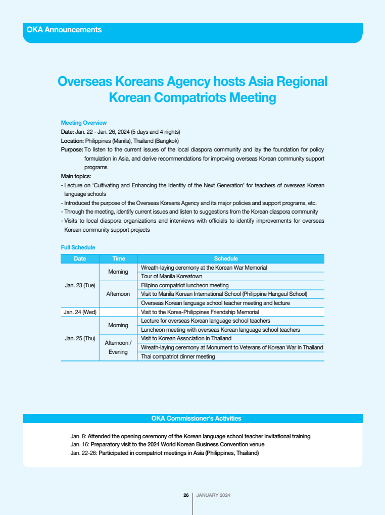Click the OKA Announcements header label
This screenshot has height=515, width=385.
pyautogui.click(x=64, y=30)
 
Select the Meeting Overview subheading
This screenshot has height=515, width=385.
pyautogui.click(x=84, y=123)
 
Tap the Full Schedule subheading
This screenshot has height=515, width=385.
pyautogui.click(x=78, y=247)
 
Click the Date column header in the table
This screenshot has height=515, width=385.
pyautogui.click(x=80, y=259)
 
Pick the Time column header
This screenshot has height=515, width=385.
pyautogui.click(x=119, y=259)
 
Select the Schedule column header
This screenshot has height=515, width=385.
pyautogui.click(x=226, y=259)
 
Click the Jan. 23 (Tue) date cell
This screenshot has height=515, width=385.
pyautogui.click(x=80, y=285)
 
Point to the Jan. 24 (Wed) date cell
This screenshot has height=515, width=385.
pyautogui.click(x=80, y=312)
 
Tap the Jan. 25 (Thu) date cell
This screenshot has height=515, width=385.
pyautogui.click(x=80, y=338)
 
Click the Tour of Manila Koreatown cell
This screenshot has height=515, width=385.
pyautogui.click(x=171, y=276)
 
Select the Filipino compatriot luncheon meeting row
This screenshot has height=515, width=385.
pyautogui.click(x=184, y=285)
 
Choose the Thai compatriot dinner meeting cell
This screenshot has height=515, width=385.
pyautogui.click(x=178, y=356)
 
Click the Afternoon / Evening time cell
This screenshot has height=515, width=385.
pyautogui.click(x=118, y=347)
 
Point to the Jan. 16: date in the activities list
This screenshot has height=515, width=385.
pyautogui.click(x=79, y=444)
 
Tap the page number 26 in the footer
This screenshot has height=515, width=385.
pyautogui.click(x=186, y=495)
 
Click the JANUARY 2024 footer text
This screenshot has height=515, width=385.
pyautogui.click(x=213, y=495)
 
